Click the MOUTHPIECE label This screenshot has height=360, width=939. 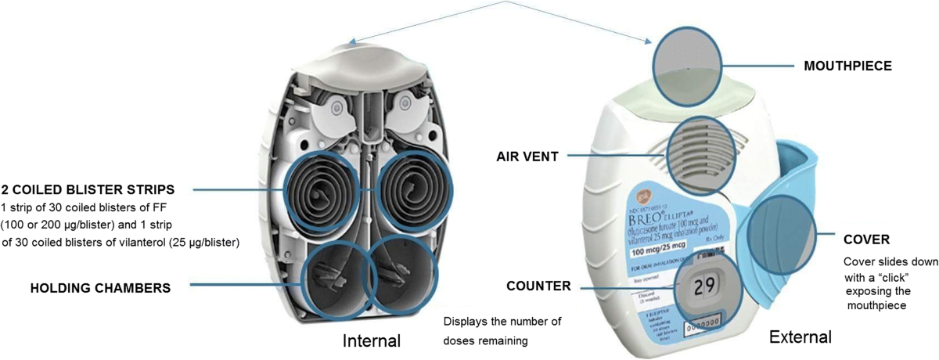(848, 66)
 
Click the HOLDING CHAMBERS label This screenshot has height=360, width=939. (100, 288)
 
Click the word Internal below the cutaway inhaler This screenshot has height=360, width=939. (372, 340)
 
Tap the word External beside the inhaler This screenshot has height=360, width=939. (800, 337)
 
